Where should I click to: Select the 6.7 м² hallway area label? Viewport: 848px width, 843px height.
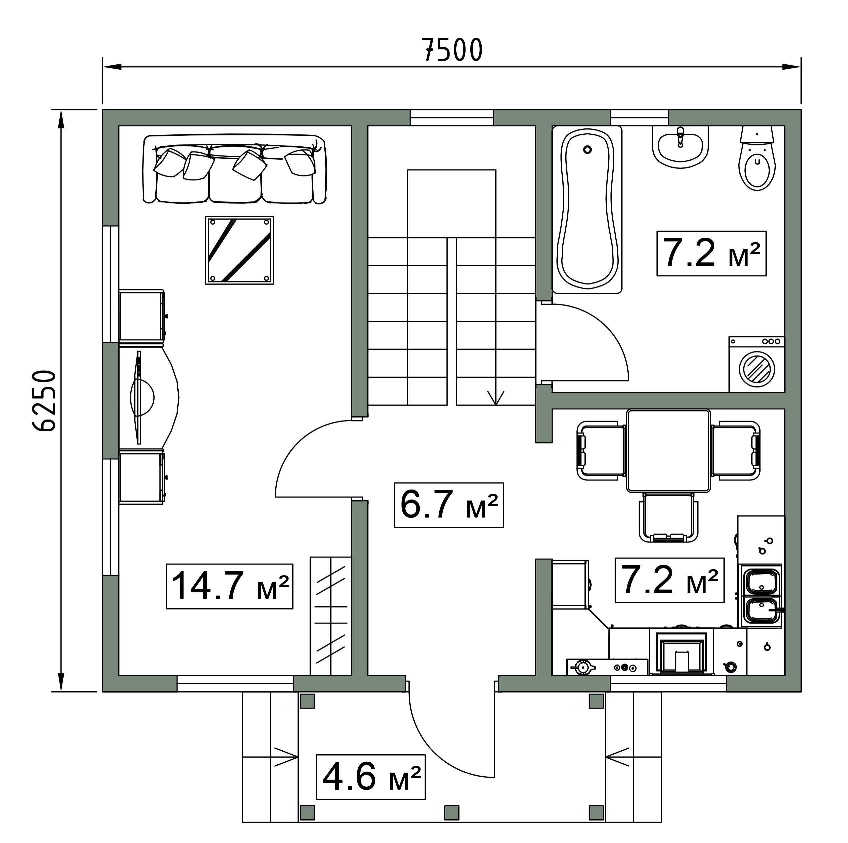449,505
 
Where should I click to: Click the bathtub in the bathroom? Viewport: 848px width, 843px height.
587,210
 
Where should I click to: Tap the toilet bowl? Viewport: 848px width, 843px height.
757,158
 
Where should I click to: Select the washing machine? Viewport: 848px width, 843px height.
757,364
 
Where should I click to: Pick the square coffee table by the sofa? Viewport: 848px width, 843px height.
240,250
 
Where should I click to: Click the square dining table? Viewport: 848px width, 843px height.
668,451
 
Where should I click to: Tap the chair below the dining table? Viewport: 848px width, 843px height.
668,518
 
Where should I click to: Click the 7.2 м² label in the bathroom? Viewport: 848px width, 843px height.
711,253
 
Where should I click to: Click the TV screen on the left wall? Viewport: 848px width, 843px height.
139,397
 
